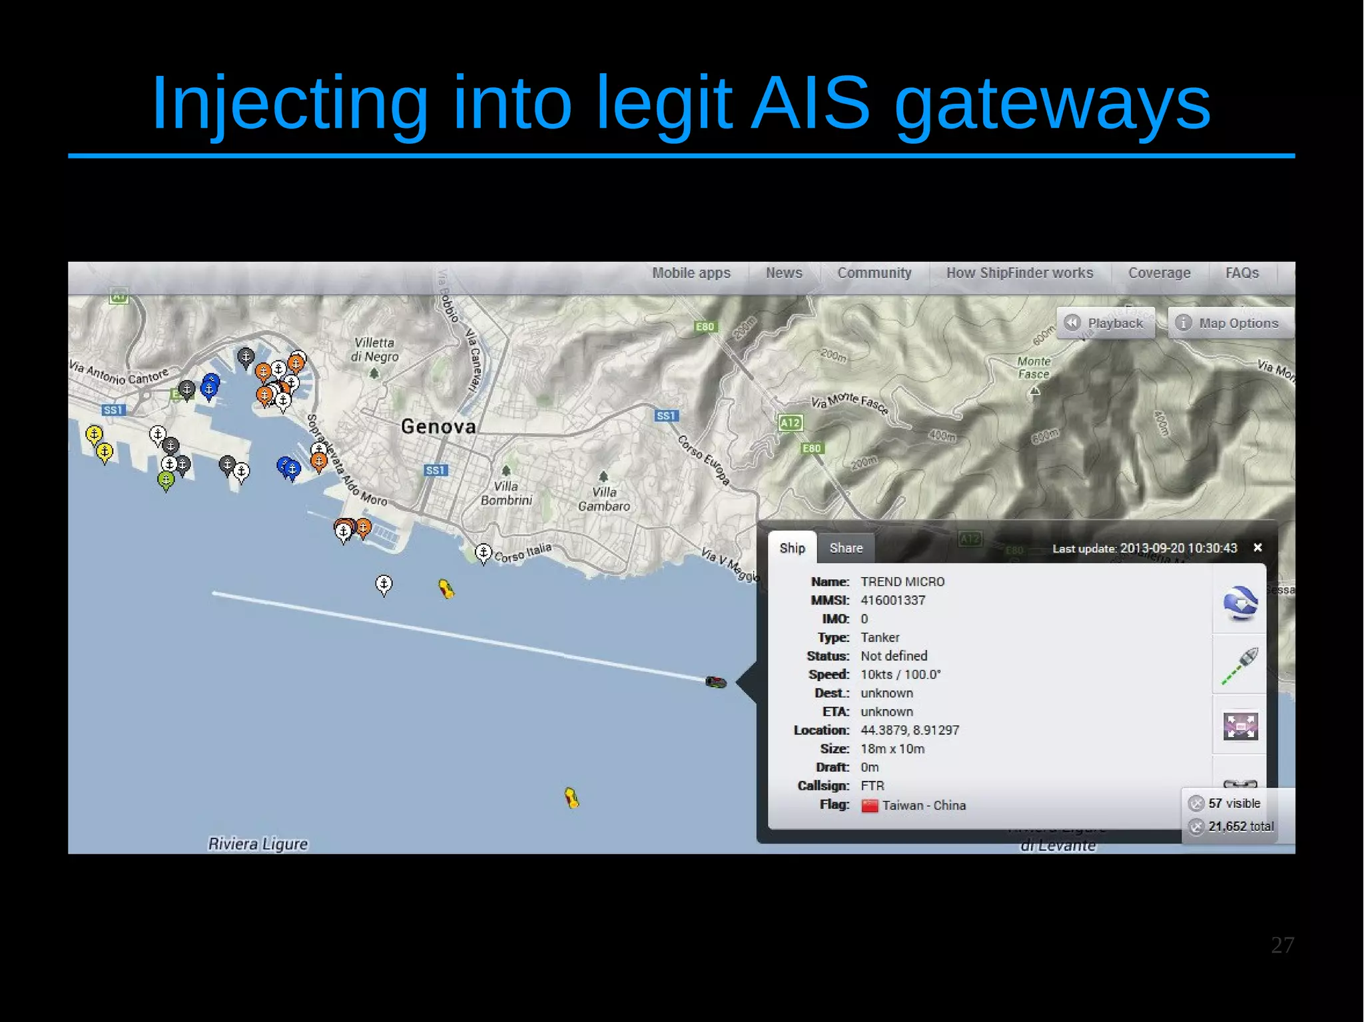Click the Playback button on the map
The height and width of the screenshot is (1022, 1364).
1106,324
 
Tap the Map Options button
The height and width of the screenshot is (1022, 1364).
1229,324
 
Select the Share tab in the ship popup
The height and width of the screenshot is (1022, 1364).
846,548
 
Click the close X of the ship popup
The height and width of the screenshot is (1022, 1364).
1257,547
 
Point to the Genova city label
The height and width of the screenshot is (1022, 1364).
438,427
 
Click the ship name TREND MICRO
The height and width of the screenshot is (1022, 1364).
902,582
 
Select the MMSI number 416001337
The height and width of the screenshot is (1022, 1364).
892,601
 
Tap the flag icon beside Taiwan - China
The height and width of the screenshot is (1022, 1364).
869,806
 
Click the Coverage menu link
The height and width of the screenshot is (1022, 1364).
1159,273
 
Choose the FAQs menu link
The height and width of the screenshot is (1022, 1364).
1242,273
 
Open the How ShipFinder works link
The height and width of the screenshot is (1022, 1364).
1020,273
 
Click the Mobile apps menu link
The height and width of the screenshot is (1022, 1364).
691,273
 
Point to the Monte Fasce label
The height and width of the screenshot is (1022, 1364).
1034,368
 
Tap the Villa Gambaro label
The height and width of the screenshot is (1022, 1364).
604,499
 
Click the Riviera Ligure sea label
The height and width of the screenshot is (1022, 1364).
258,844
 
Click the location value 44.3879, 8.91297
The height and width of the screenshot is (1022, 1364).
910,730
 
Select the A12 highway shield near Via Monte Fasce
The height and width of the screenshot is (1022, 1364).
791,423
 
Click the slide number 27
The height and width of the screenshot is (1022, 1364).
1282,945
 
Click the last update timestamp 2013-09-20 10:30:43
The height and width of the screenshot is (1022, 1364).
1178,549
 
